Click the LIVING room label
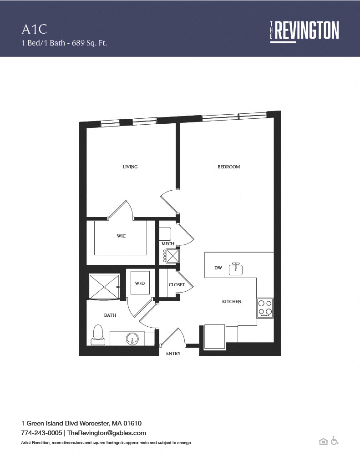130,167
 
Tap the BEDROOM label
228,167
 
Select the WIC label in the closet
121,236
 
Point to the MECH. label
168,244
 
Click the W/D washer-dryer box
140,283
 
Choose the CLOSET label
177,285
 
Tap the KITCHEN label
232,301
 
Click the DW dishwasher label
218,268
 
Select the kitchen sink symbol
236,268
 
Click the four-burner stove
265,308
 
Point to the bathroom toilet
98,335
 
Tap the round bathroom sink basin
132,339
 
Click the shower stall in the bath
104,287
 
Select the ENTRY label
173,353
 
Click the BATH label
110,315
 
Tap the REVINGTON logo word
306,30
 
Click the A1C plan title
35,29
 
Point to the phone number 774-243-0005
41,433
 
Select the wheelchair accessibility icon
335,441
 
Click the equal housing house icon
323,441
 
